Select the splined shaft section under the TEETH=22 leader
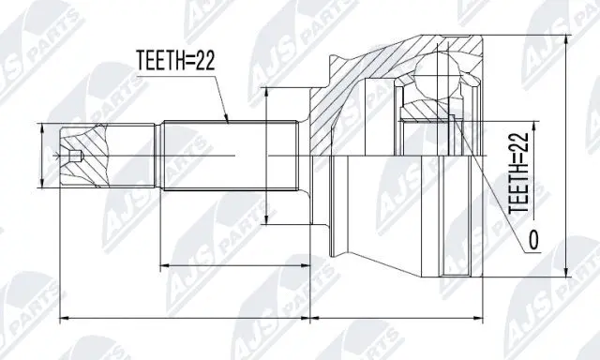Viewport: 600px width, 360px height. (225, 155)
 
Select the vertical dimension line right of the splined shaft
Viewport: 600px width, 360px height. (269, 155)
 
